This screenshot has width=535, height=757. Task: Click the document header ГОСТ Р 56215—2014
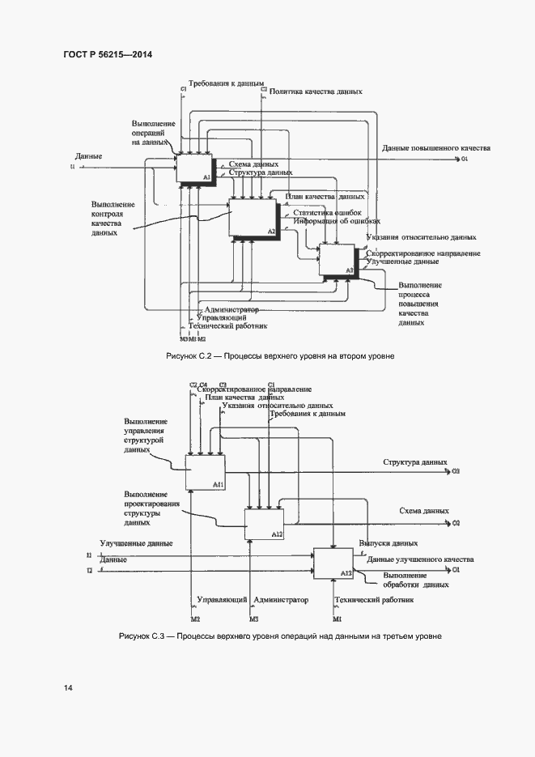[107, 54]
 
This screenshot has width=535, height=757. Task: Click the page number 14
[68, 687]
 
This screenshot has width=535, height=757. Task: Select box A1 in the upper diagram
[194, 168]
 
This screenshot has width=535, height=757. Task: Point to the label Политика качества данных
[316, 93]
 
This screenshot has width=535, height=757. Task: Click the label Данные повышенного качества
[436, 149]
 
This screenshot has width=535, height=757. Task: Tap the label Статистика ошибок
[327, 213]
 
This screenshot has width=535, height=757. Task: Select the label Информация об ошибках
[337, 221]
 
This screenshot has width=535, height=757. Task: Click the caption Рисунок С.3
[280, 636]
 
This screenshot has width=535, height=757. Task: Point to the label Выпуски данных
[389, 543]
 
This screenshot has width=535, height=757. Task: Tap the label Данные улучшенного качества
[420, 559]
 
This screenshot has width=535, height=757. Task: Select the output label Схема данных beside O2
[424, 511]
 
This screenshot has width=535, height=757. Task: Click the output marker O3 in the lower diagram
[456, 471]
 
